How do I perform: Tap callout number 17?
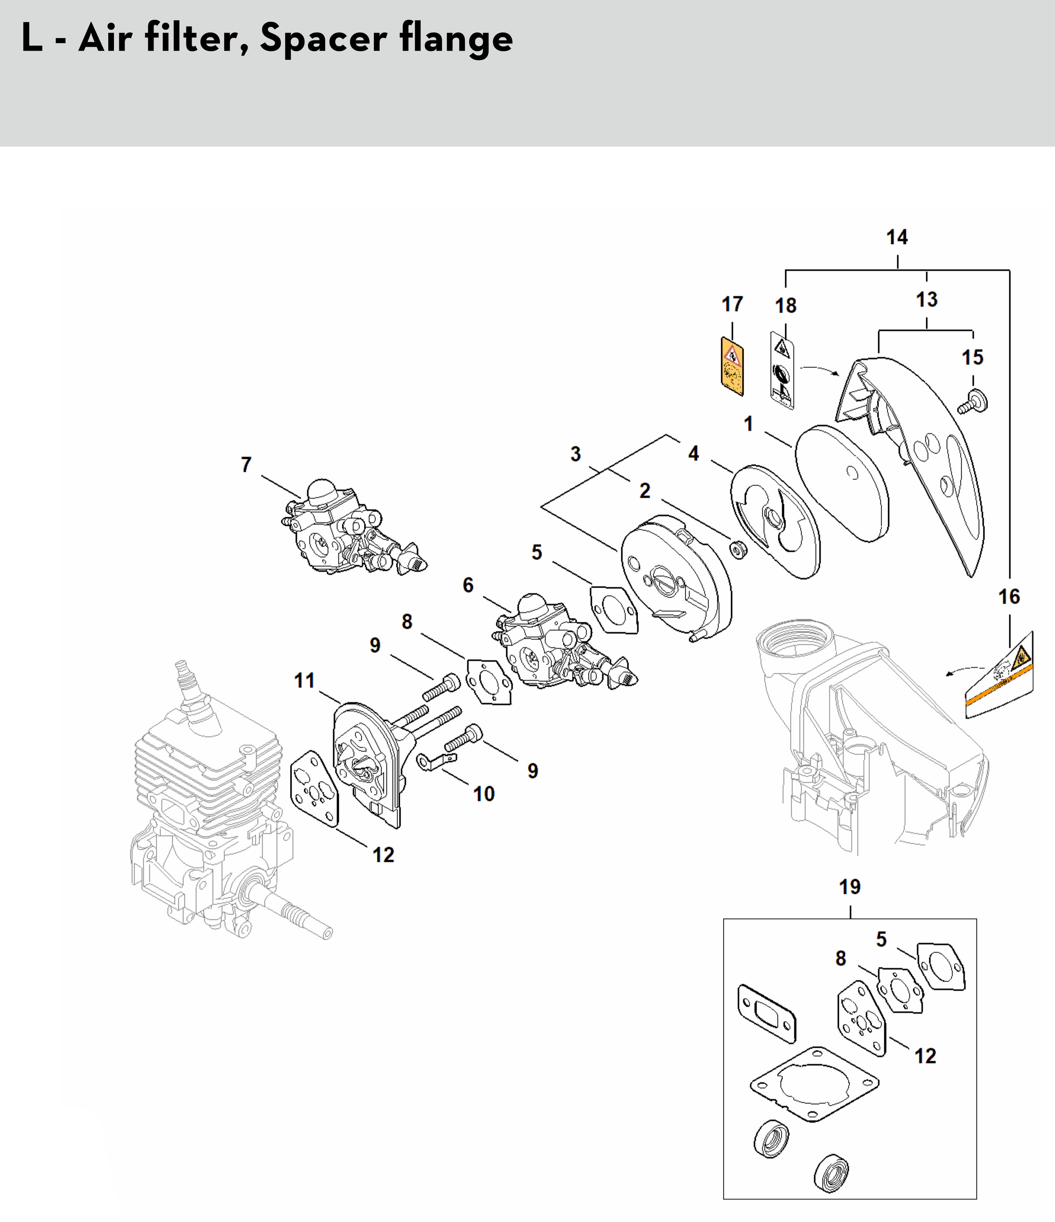pos(732,304)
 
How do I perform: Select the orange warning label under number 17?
pos(732,366)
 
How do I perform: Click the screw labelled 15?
pos(975,401)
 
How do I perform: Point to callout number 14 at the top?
pos(897,237)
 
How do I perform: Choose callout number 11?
pos(305,681)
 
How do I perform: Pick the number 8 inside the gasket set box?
pos(841,958)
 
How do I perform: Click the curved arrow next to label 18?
pos(819,370)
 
